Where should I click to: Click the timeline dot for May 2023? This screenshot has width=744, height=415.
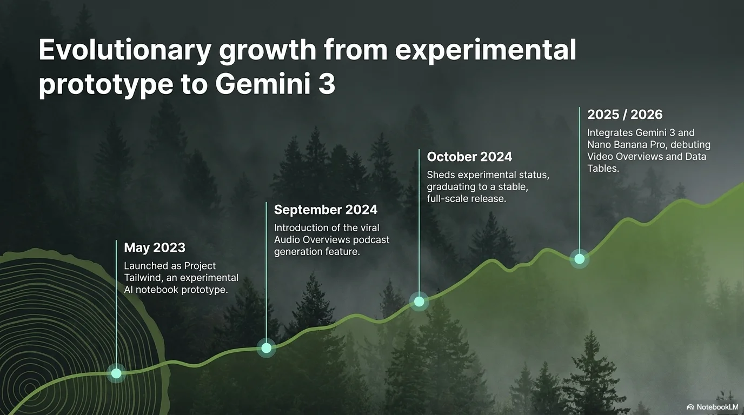click(x=116, y=373)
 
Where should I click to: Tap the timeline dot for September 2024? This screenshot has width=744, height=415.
click(x=267, y=348)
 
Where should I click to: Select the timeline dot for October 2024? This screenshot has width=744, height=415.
click(x=419, y=302)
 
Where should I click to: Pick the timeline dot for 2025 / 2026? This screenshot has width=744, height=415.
click(x=580, y=259)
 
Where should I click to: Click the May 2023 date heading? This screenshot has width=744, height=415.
click(x=155, y=247)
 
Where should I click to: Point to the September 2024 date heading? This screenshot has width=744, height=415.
click(x=326, y=210)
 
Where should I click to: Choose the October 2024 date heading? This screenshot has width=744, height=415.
click(x=470, y=157)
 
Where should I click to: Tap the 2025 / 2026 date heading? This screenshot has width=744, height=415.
click(x=625, y=115)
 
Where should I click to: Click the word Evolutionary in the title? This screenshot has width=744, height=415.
click(x=125, y=50)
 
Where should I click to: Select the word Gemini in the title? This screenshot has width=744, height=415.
click(x=262, y=84)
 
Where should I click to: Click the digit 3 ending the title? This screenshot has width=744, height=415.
click(x=327, y=84)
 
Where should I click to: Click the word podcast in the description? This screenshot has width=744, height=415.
click(x=371, y=240)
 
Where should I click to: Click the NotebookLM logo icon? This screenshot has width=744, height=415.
click(x=690, y=407)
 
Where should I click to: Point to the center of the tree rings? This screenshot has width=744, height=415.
click(x=29, y=389)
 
